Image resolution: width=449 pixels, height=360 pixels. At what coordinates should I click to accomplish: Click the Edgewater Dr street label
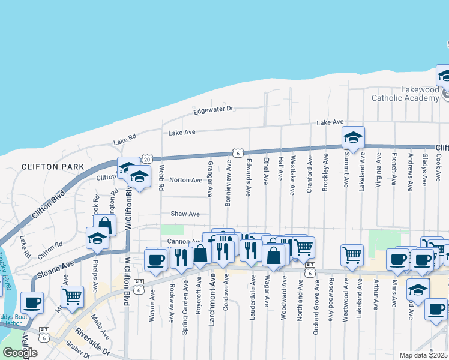coord(213,110)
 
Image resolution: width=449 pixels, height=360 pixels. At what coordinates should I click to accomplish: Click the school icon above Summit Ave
coord(354,138)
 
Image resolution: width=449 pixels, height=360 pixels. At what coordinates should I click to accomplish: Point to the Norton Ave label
coord(185,180)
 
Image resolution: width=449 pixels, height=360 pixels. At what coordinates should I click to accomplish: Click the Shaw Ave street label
coord(185,214)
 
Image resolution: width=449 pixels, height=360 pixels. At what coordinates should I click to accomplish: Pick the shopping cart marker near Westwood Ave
coord(352,255)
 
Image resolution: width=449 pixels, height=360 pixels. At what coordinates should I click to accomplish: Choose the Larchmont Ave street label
coord(211,299)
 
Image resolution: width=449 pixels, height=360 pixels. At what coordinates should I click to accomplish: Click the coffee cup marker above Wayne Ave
coord(156,259)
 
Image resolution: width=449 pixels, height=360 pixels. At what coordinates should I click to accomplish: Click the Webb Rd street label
coord(161,178)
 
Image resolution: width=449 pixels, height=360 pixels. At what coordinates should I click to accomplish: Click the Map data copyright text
coord(423,355)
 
